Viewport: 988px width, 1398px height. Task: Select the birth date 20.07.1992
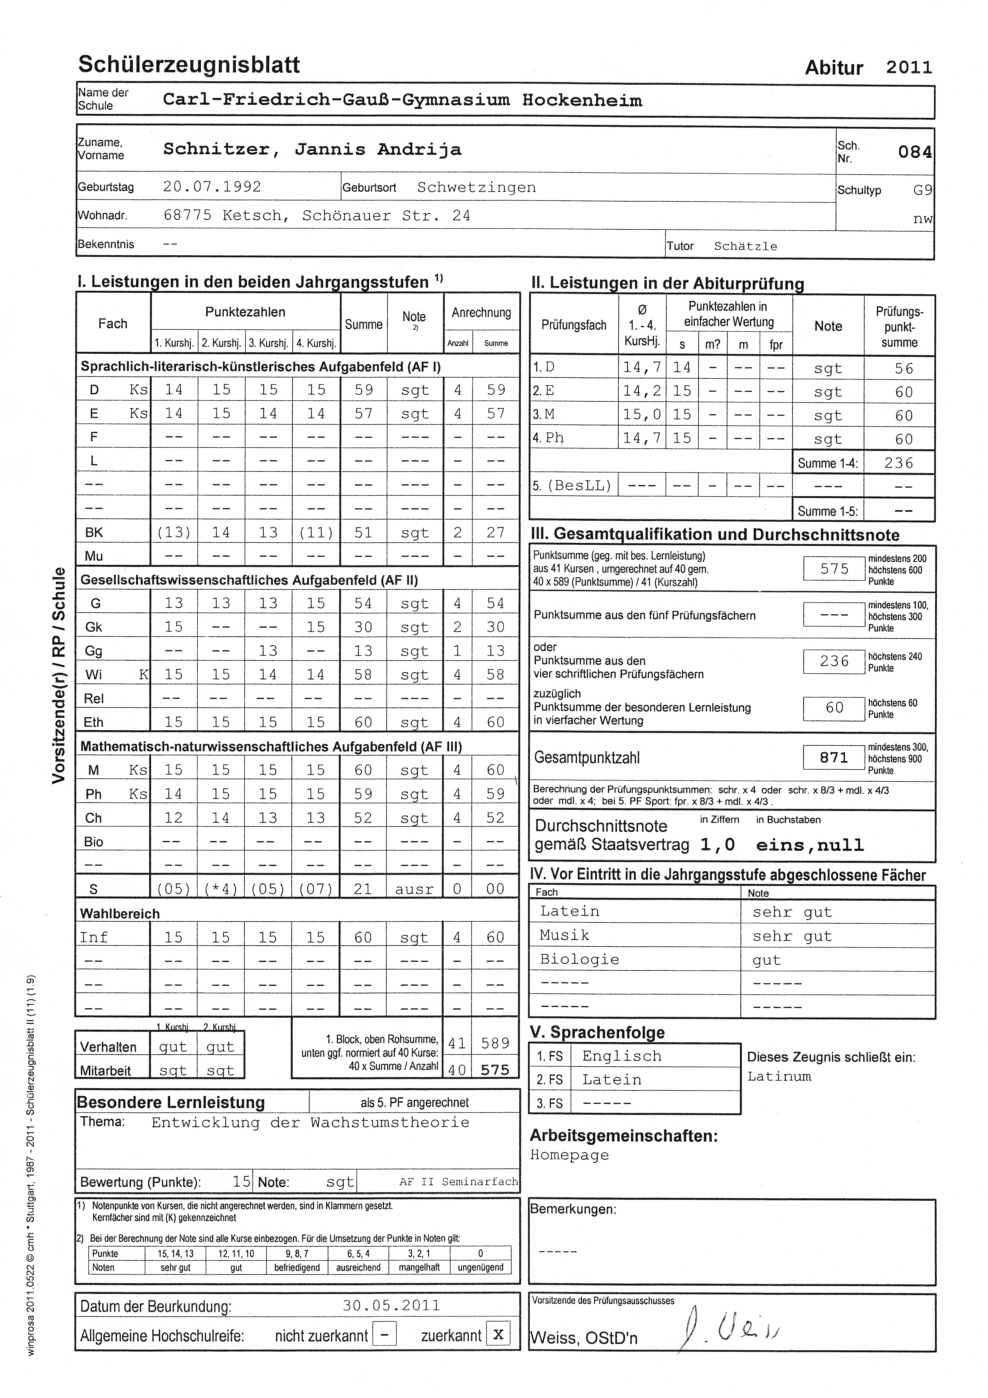pyautogui.click(x=212, y=187)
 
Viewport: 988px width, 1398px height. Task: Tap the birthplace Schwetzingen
pyautogui.click(x=476, y=188)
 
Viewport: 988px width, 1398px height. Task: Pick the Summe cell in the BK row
pyautogui.click(x=363, y=533)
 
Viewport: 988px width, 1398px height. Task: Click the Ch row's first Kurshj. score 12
pyautogui.click(x=173, y=818)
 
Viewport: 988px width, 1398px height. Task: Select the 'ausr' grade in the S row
pyautogui.click(x=414, y=889)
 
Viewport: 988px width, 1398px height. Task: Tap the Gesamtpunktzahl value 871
pyautogui.click(x=834, y=757)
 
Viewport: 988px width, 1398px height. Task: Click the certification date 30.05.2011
pyautogui.click(x=391, y=1306)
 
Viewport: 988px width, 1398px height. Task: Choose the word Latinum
pyautogui.click(x=779, y=1077)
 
